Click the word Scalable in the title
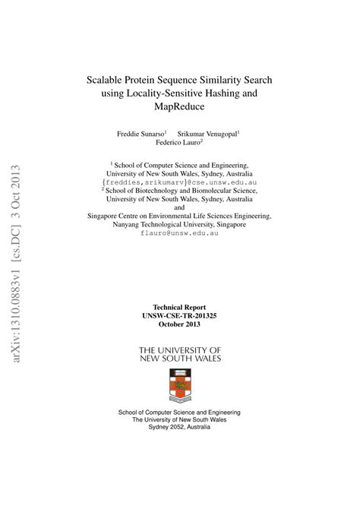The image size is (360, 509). [108, 79]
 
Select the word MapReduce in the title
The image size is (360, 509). [179, 107]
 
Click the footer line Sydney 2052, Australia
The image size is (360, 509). [179, 427]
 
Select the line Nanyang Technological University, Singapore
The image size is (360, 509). [179, 225]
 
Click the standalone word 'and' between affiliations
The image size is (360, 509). [179, 207]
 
